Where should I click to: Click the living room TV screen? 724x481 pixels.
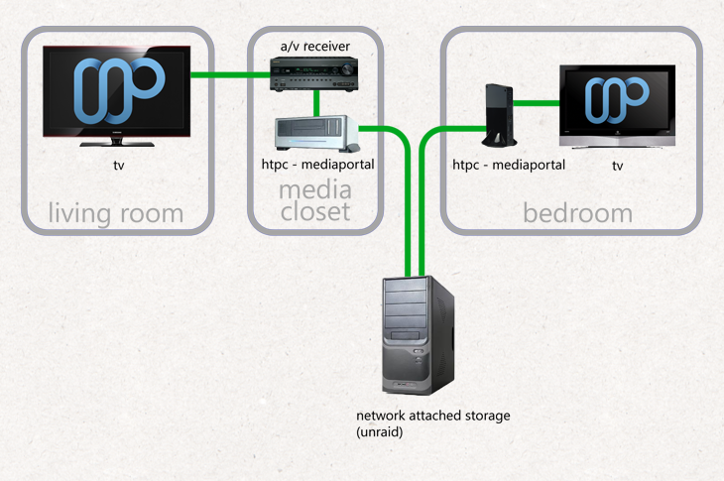tap(117, 91)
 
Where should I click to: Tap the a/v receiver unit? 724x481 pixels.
tap(314, 73)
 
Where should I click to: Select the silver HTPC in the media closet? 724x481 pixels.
tap(316, 134)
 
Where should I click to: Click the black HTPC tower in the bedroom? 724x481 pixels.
tap(499, 115)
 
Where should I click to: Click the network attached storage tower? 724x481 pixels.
tap(419, 335)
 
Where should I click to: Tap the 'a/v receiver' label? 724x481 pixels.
tap(315, 47)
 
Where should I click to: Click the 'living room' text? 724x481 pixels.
tap(116, 214)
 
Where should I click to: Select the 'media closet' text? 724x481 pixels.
tap(315, 200)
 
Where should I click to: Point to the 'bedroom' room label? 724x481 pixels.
tap(577, 213)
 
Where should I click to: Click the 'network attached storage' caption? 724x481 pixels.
tap(433, 416)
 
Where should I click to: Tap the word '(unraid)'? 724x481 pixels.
tap(380, 432)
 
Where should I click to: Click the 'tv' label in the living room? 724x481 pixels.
tap(119, 166)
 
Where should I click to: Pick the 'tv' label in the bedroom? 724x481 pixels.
tap(617, 166)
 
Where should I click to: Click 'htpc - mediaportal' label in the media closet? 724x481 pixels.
tap(317, 165)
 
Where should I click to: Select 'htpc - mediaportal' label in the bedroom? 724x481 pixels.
tap(509, 165)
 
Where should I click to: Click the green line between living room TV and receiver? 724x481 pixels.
tap(230, 74)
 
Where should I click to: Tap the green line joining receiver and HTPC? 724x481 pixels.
tap(316, 103)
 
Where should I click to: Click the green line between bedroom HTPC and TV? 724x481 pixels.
tap(537, 103)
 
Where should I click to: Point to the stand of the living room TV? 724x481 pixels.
tap(117, 142)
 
